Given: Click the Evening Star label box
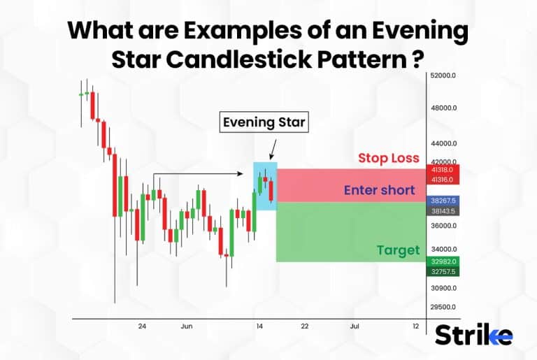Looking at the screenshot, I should click(264, 122).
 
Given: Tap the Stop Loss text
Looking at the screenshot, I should click(389, 158).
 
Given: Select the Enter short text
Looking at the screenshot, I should click(379, 190).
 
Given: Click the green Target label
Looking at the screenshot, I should click(398, 250).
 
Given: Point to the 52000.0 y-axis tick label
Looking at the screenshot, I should click(443, 75).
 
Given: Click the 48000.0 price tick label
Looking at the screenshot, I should click(443, 108).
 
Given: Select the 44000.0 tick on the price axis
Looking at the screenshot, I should click(443, 143).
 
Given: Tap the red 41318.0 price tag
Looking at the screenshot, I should click(442, 170).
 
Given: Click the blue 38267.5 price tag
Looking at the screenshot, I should click(442, 200).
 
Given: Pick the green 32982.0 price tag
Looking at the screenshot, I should click(442, 261).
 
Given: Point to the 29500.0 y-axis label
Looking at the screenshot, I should click(443, 307).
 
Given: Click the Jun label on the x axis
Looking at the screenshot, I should click(187, 326).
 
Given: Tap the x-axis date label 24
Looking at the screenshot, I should click(142, 326).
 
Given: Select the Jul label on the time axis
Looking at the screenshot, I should click(355, 326).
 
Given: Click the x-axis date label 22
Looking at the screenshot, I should click(304, 326).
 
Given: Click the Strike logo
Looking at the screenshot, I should click(473, 336).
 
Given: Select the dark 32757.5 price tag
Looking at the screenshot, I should click(442, 271).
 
